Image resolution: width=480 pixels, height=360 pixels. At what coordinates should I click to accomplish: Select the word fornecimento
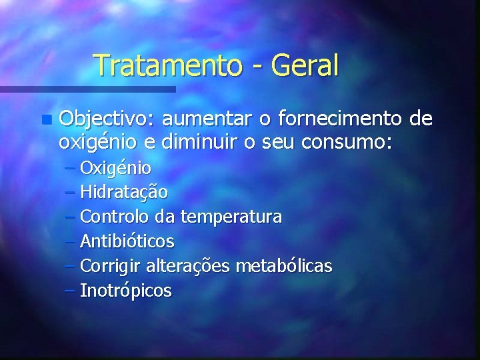click(337, 119)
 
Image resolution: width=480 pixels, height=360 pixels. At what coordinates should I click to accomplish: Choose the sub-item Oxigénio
click(115, 167)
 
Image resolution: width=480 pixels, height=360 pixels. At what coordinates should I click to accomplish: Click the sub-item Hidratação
click(123, 192)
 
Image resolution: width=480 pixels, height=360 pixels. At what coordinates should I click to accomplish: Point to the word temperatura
click(231, 217)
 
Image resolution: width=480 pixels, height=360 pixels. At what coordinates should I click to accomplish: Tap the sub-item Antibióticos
click(127, 241)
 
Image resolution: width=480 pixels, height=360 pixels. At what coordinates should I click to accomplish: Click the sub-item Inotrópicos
click(125, 291)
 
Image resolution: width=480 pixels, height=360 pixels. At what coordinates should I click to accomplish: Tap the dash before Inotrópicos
click(70, 291)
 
